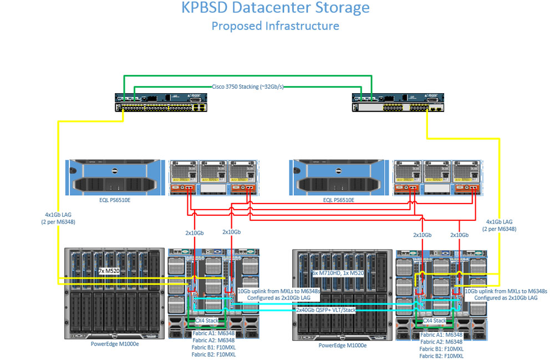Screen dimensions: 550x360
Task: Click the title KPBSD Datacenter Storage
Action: pos(276,7)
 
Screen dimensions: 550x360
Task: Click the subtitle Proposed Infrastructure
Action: pos(276,26)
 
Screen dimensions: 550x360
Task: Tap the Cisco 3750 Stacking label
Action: pos(248,87)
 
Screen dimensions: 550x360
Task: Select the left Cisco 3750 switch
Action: pos(161,103)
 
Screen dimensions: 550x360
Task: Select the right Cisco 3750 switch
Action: pos(398,103)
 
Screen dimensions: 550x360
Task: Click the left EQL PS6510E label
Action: pos(115,200)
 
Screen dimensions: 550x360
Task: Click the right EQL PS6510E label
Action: pos(339,200)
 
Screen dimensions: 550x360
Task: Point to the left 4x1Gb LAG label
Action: pos(58,218)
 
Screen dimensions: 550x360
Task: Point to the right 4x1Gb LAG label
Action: pos(499,225)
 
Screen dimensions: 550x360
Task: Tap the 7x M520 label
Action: pos(109,271)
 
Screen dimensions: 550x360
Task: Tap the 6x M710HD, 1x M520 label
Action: pos(338,273)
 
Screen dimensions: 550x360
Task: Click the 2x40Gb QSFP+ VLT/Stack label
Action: pos(326,310)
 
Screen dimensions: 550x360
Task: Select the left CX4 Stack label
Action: pos(207,321)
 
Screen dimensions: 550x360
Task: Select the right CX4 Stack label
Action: pos(435,321)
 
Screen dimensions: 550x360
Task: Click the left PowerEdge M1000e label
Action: pos(115,344)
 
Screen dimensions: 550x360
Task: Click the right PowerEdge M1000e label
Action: pos(342,346)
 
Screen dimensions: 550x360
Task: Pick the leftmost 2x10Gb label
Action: pos(194,233)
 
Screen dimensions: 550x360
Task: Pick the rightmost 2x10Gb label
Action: pos(460,235)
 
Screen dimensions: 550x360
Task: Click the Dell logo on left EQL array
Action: pos(114,171)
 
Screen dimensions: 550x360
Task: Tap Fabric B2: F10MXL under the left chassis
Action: pos(213,355)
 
